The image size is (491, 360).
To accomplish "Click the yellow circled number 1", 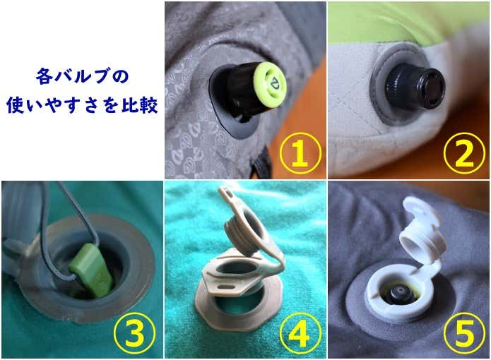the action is (x=300, y=153).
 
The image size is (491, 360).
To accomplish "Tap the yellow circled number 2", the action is (x=464, y=153).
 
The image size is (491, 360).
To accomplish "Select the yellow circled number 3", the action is (x=135, y=332).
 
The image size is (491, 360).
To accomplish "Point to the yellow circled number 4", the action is (x=300, y=332).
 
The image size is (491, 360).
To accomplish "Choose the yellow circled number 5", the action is (x=464, y=332).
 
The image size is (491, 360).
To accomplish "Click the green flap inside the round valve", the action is (x=90, y=270).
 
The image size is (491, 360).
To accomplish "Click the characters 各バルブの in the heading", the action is (x=83, y=77).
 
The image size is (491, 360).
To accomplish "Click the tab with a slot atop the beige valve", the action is (x=230, y=196).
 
